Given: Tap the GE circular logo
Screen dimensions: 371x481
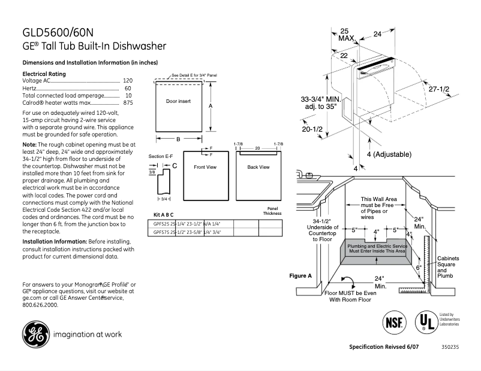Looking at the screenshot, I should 36,334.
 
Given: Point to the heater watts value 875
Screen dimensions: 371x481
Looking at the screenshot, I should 128,103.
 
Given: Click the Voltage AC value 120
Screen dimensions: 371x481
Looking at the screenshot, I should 128,80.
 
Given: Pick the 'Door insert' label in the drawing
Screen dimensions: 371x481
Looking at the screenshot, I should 178,102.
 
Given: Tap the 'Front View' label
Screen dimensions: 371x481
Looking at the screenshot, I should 205,167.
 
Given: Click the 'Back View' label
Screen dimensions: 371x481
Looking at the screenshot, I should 258,167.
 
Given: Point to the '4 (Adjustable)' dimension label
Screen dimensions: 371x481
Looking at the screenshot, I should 388,154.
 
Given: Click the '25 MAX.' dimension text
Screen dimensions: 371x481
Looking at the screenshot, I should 345,34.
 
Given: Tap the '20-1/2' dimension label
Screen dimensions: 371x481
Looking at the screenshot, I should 312,129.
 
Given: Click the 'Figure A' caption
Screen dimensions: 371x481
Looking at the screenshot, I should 301,276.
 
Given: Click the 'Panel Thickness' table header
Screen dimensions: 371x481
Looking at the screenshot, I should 272,211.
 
